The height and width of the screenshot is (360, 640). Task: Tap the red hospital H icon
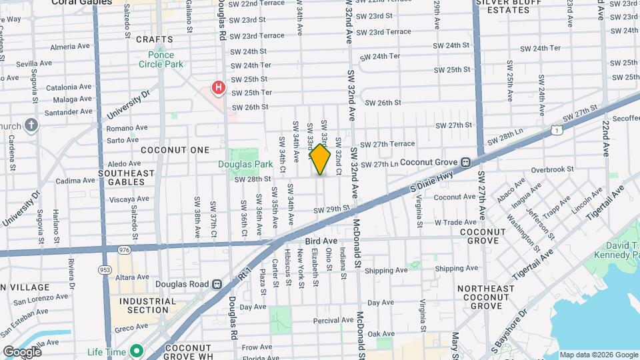217,87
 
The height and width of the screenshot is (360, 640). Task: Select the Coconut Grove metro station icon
466,161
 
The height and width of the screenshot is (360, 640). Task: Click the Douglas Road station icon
216,284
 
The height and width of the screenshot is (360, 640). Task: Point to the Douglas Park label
236,164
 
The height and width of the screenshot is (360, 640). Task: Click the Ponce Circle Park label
157,59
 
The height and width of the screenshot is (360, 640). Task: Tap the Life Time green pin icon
136,350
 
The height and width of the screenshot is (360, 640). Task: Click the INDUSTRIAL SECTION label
144,305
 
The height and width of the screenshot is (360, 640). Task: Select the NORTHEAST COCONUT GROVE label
485,297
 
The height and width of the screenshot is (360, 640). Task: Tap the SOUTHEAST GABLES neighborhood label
126,178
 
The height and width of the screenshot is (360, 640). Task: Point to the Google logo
22,351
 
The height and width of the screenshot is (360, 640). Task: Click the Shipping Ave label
386,270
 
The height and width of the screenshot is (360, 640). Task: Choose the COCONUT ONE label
175,150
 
